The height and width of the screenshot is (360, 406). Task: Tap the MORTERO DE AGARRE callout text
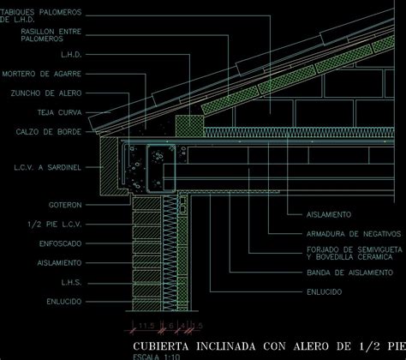42,74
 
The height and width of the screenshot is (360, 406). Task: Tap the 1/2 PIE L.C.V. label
56,224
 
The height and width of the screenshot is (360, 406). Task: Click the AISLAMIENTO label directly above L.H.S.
59,262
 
